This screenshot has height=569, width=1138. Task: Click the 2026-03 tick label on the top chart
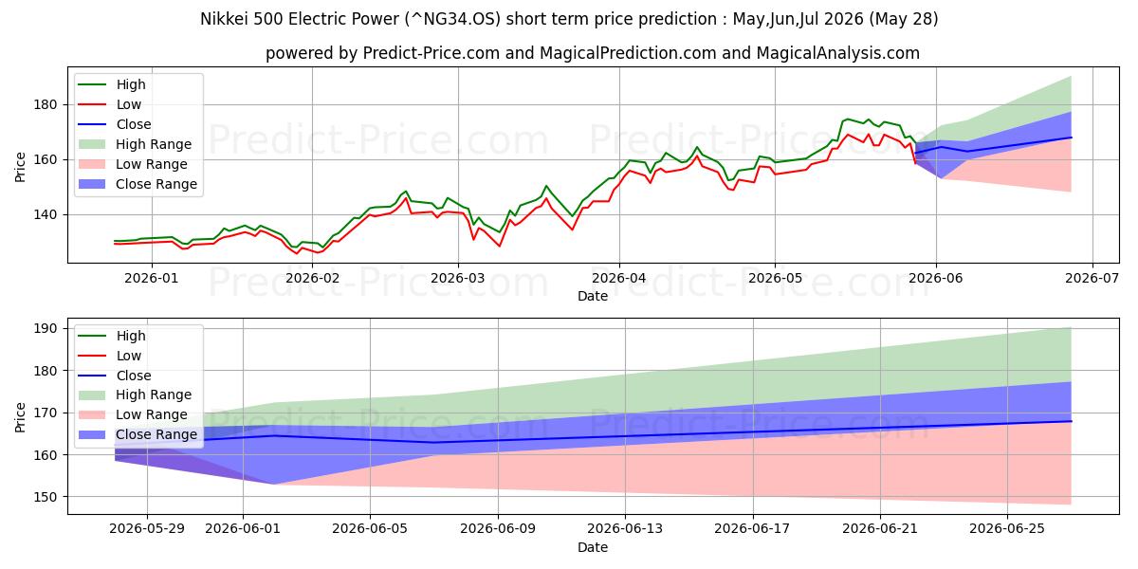click(x=458, y=278)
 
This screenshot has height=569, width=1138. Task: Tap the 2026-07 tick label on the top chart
click(x=1092, y=278)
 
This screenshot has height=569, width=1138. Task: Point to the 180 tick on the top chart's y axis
click(x=45, y=104)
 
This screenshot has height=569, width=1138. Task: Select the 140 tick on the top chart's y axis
click(x=45, y=215)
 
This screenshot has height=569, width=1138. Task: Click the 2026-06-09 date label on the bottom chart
click(x=498, y=529)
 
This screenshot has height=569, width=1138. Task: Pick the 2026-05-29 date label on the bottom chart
click(x=147, y=529)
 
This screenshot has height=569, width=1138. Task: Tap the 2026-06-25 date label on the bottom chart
click(x=1007, y=529)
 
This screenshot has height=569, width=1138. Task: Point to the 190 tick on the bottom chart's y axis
click(x=45, y=329)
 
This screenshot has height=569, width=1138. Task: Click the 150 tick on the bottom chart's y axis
click(x=45, y=497)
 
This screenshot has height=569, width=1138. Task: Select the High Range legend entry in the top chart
click(x=135, y=144)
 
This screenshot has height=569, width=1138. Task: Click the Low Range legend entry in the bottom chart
click(x=133, y=414)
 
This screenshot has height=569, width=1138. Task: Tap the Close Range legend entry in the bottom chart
click(x=138, y=434)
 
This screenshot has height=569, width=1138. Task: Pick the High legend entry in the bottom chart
click(x=112, y=336)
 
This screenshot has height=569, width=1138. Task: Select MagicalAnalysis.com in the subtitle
click(x=837, y=53)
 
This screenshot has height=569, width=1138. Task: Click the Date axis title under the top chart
click(x=593, y=296)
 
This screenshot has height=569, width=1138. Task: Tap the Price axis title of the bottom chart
click(x=20, y=417)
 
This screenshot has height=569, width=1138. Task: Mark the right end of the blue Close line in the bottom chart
click(x=1072, y=421)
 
